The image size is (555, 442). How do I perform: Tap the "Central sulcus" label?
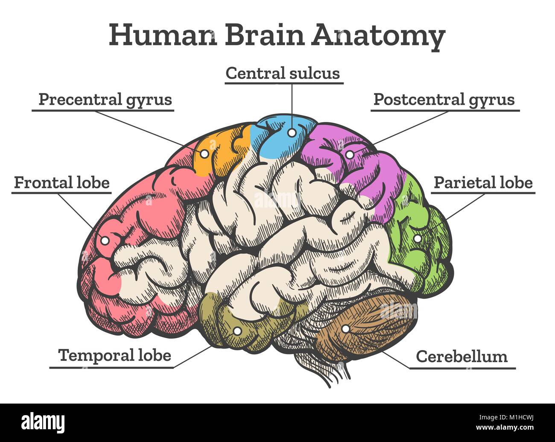click(283, 73)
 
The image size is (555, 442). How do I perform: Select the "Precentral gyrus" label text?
click(105, 100)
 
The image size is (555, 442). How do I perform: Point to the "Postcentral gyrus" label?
click(444, 100)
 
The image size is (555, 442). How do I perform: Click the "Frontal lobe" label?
click(62, 182)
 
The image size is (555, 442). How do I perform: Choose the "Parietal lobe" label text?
click(483, 182)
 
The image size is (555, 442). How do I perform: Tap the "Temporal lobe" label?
click(114, 355)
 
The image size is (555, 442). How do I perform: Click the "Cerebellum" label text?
click(462, 356)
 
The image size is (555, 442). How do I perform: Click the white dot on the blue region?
click(291, 133)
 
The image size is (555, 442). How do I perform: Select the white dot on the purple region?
click(350, 155)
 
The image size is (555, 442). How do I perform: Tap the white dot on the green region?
click(418, 239)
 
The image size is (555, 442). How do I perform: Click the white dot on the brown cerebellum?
click(345, 329)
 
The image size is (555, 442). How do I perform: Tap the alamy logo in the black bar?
click(43, 422)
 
